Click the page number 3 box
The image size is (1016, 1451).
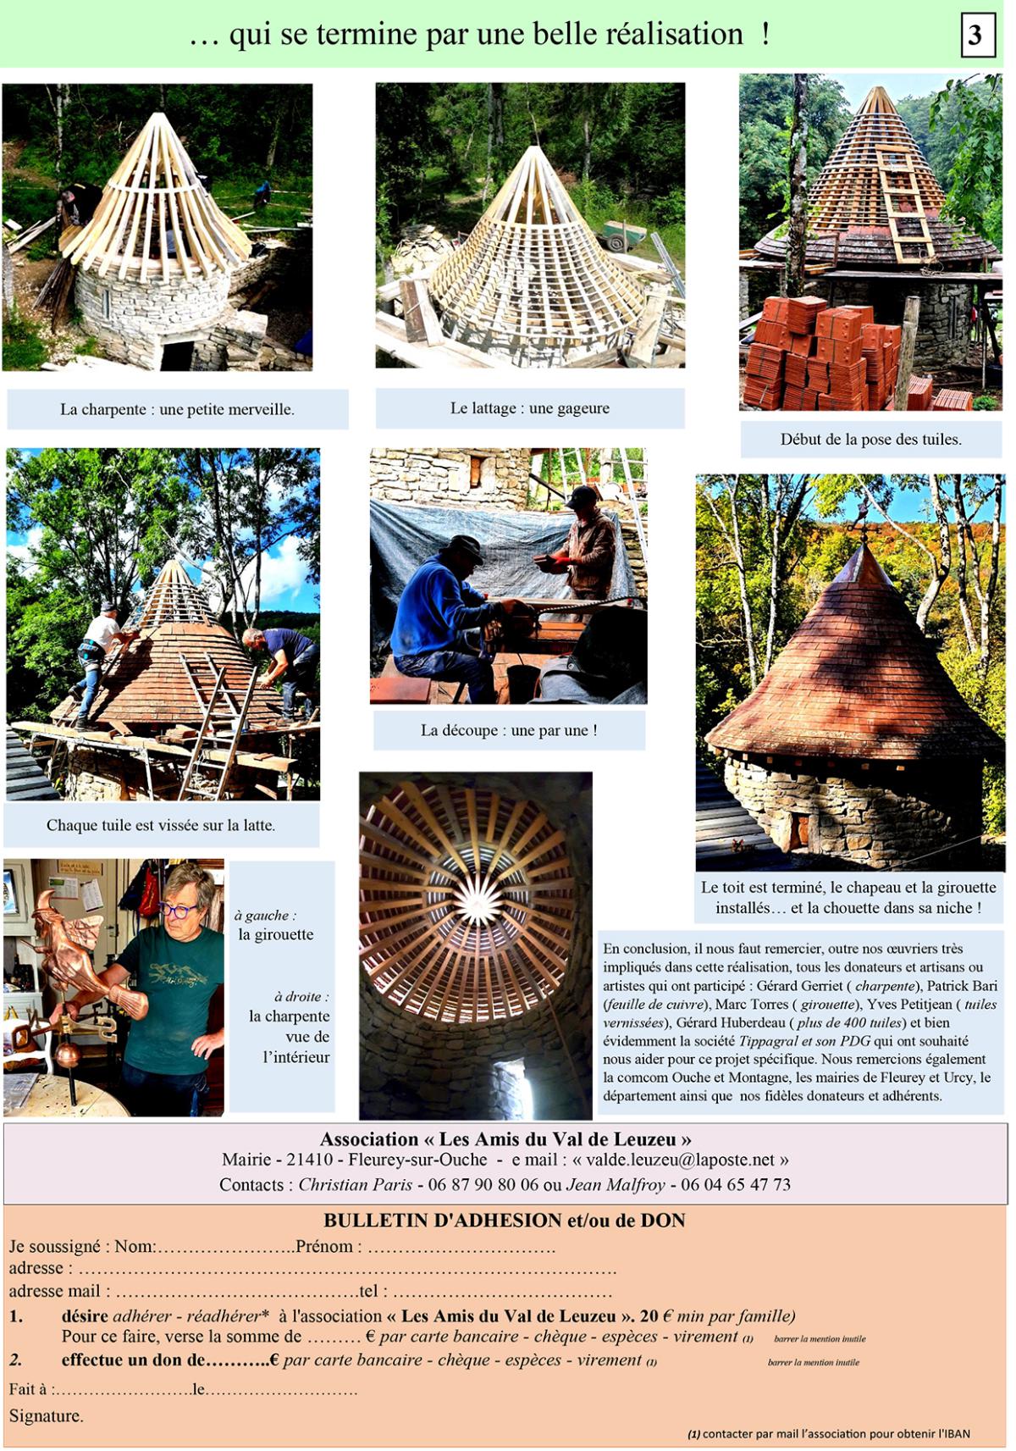pos(977,35)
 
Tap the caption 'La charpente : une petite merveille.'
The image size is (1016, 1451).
pos(178,409)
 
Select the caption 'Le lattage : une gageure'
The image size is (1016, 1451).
pos(530,408)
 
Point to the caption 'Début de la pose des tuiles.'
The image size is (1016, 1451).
pos(871,439)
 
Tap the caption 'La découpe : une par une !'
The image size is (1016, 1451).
pos(509,730)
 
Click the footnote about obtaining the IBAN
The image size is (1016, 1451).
pos(829,1433)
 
